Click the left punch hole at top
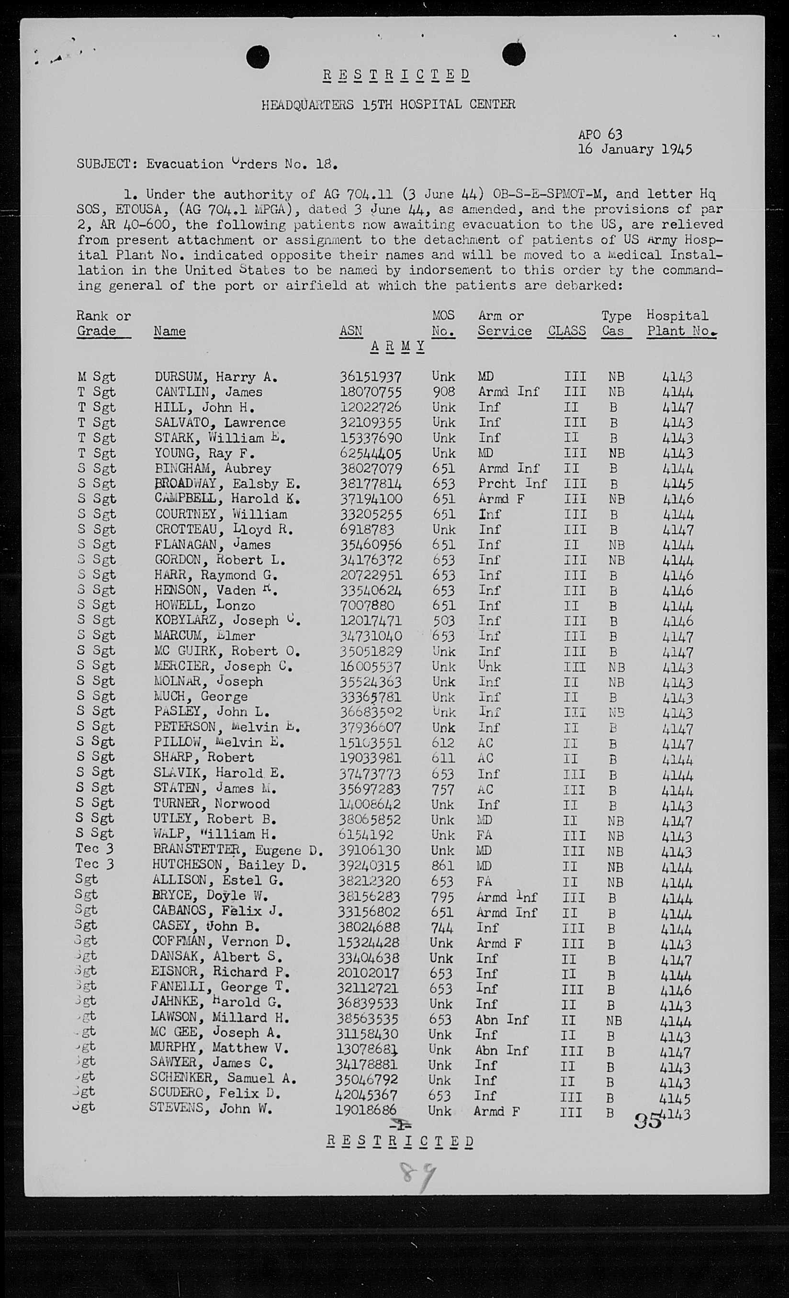pyautogui.click(x=257, y=57)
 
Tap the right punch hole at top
pyautogui.click(x=514, y=54)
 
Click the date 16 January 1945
pyautogui.click(x=634, y=149)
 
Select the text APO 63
pyautogui.click(x=600, y=134)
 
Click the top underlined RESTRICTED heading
pyautogui.click(x=396, y=75)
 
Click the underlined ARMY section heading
pyautogui.click(x=397, y=346)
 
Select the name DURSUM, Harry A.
pyautogui.click(x=215, y=377)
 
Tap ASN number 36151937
pyautogui.click(x=370, y=377)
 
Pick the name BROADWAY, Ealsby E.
pyautogui.click(x=227, y=484)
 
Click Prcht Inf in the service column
pyautogui.click(x=512, y=484)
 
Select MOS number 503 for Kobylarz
pyautogui.click(x=443, y=621)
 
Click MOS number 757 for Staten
pyautogui.click(x=442, y=789)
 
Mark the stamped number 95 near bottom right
pyautogui.click(x=648, y=1120)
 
